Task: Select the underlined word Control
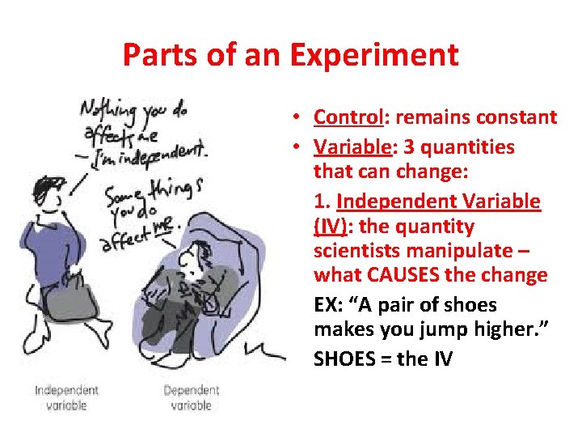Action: pos(348,117)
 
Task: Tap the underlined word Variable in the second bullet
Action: pos(349,147)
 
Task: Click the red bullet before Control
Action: pos(298,118)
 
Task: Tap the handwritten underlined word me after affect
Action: pos(163,227)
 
